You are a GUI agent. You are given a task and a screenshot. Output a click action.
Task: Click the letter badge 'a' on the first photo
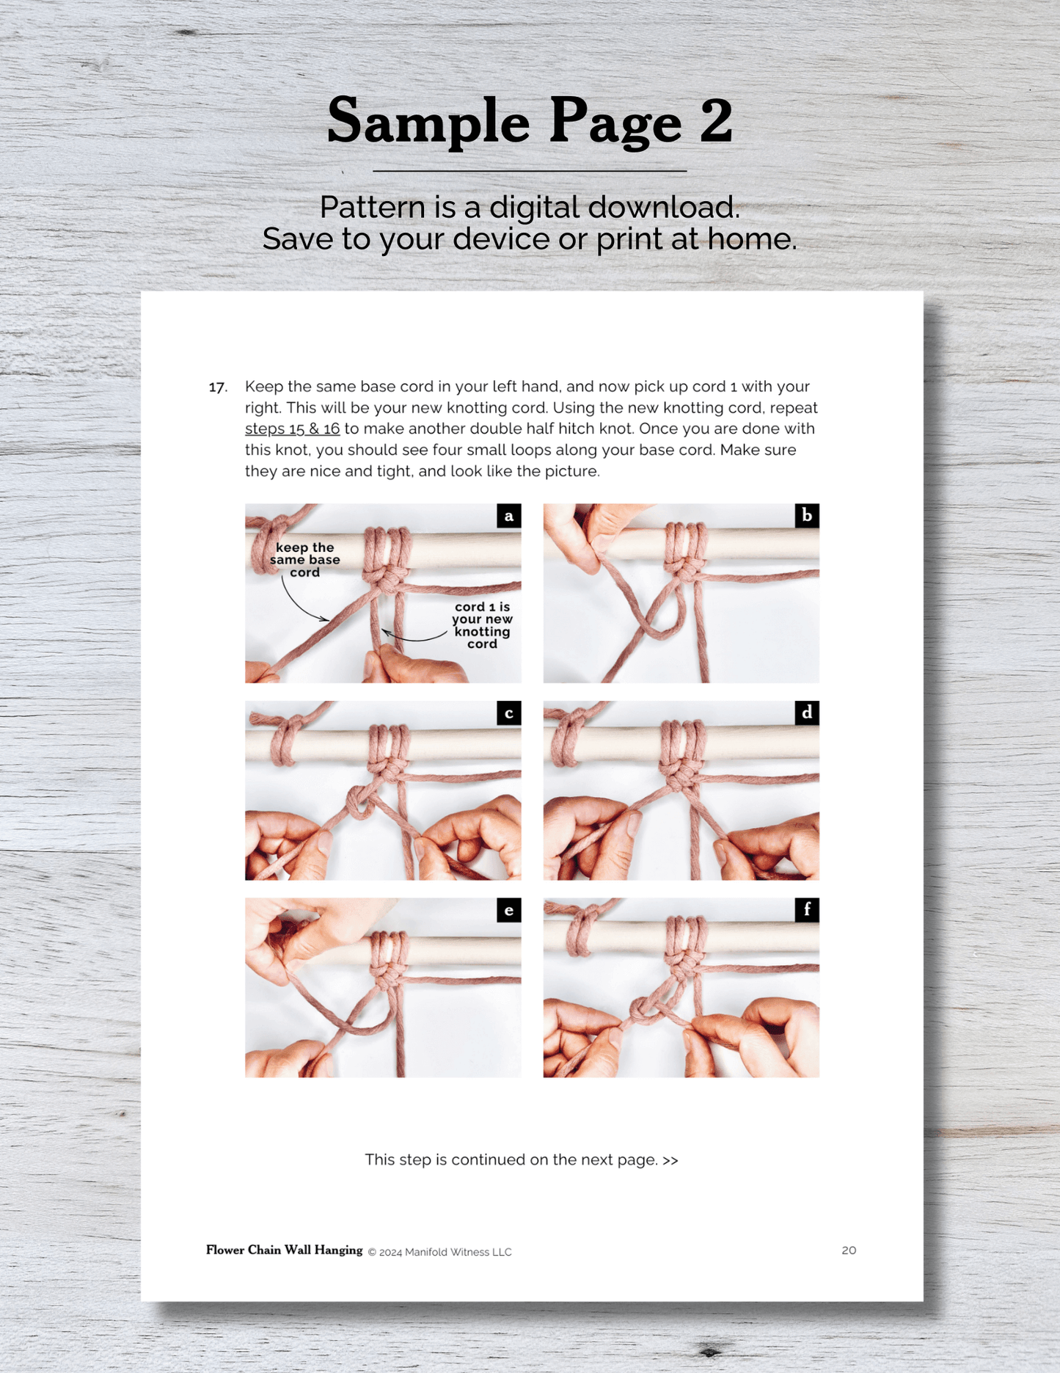click(508, 516)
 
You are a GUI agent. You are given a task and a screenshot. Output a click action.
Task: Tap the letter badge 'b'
click(807, 516)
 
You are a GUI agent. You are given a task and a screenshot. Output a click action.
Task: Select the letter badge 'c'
click(508, 713)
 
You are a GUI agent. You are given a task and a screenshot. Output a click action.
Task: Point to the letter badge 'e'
click(508, 911)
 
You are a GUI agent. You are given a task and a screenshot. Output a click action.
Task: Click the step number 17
click(218, 387)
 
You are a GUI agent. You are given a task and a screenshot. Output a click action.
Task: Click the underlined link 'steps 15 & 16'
click(292, 429)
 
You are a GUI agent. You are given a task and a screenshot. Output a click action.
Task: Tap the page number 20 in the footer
click(849, 1250)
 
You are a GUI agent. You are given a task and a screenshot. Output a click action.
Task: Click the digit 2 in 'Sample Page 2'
click(716, 120)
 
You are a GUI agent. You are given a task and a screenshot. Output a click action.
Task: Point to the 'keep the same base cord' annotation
click(304, 560)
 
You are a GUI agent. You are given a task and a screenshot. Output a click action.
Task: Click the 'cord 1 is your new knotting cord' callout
click(482, 625)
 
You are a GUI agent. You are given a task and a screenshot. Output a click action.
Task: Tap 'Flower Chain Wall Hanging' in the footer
click(284, 1250)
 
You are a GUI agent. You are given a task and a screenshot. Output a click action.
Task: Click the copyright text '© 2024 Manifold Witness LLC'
click(439, 1253)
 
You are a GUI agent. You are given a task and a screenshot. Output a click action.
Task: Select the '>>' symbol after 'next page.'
click(670, 1160)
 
